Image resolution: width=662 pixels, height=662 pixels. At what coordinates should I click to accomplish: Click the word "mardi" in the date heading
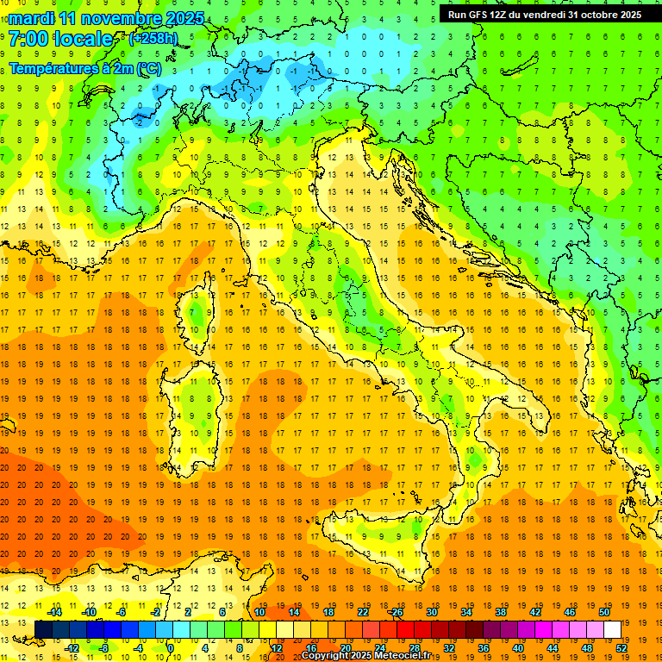(33, 18)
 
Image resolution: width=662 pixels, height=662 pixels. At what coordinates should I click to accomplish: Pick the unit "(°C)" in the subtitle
(148, 68)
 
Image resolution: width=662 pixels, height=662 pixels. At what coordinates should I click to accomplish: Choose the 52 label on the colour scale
(622, 648)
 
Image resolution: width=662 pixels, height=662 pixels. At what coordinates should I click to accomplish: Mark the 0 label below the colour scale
(170, 648)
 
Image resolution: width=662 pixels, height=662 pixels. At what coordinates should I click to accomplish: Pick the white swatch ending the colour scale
(612, 629)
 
